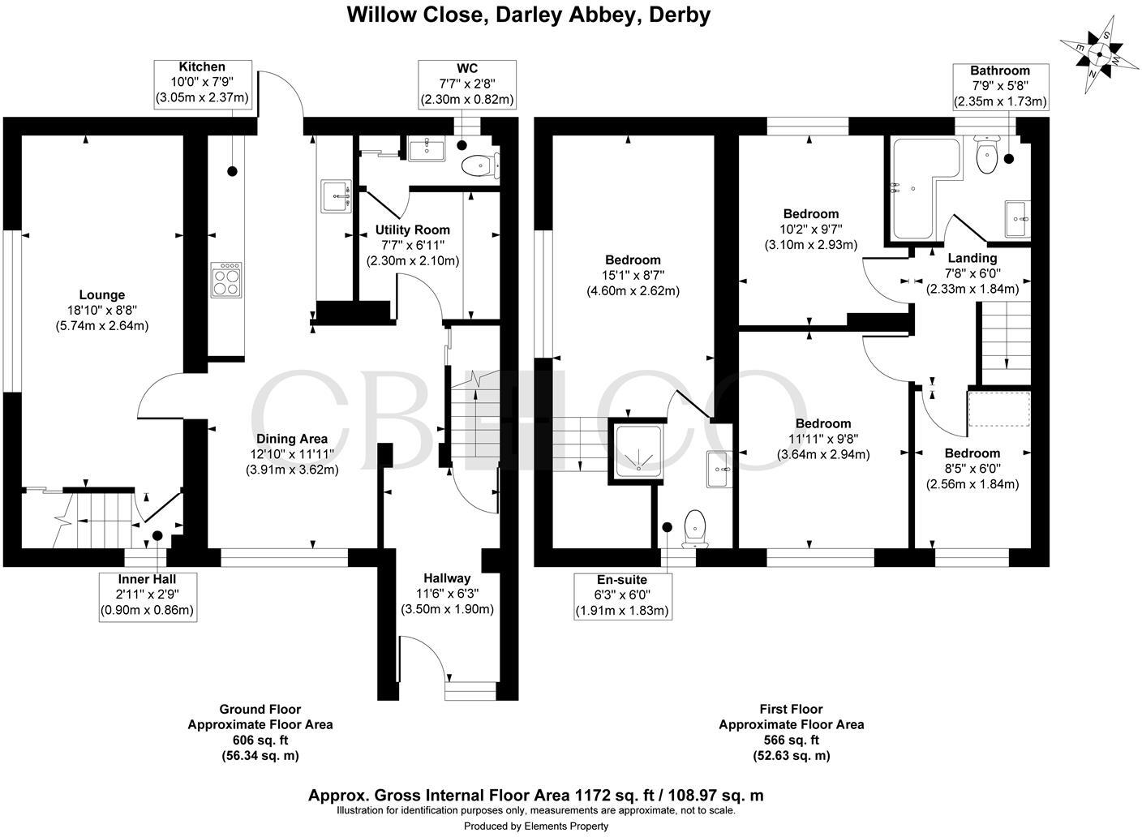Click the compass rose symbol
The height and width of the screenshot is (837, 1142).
coord(1098,55)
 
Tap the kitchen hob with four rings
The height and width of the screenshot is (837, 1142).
coord(226,281)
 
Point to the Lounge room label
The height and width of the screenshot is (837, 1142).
coord(101,295)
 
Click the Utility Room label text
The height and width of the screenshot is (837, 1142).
coord(412,230)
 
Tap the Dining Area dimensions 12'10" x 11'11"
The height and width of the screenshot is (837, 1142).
coord(292,454)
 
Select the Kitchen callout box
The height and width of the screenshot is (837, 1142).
coord(202,83)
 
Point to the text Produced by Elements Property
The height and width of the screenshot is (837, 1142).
coord(535,826)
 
